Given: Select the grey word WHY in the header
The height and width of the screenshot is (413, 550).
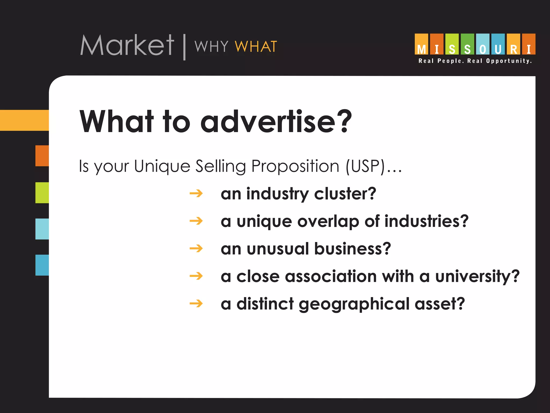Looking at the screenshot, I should coord(211,47).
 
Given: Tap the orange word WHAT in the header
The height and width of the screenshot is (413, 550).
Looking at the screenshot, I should coord(256,47).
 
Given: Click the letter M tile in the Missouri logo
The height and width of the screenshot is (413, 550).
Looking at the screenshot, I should coord(421,44).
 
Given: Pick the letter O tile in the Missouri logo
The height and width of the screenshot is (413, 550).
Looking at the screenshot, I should coord(483,44).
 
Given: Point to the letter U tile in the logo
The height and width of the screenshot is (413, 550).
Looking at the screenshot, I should coord(498,44).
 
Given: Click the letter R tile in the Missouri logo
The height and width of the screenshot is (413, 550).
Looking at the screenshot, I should coord(513,44).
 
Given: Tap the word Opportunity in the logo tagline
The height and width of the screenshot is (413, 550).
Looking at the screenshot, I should coord(509,61).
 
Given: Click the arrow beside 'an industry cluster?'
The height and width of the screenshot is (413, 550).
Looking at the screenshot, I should coord(196,193).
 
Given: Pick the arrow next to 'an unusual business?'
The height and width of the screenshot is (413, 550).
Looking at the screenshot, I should coord(196,248).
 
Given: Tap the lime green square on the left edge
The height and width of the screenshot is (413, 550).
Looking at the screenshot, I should coord(42,193).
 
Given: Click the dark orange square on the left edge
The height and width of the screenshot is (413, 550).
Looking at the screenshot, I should coord(42,156).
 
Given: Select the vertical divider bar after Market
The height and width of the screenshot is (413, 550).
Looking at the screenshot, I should coord(184,47).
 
